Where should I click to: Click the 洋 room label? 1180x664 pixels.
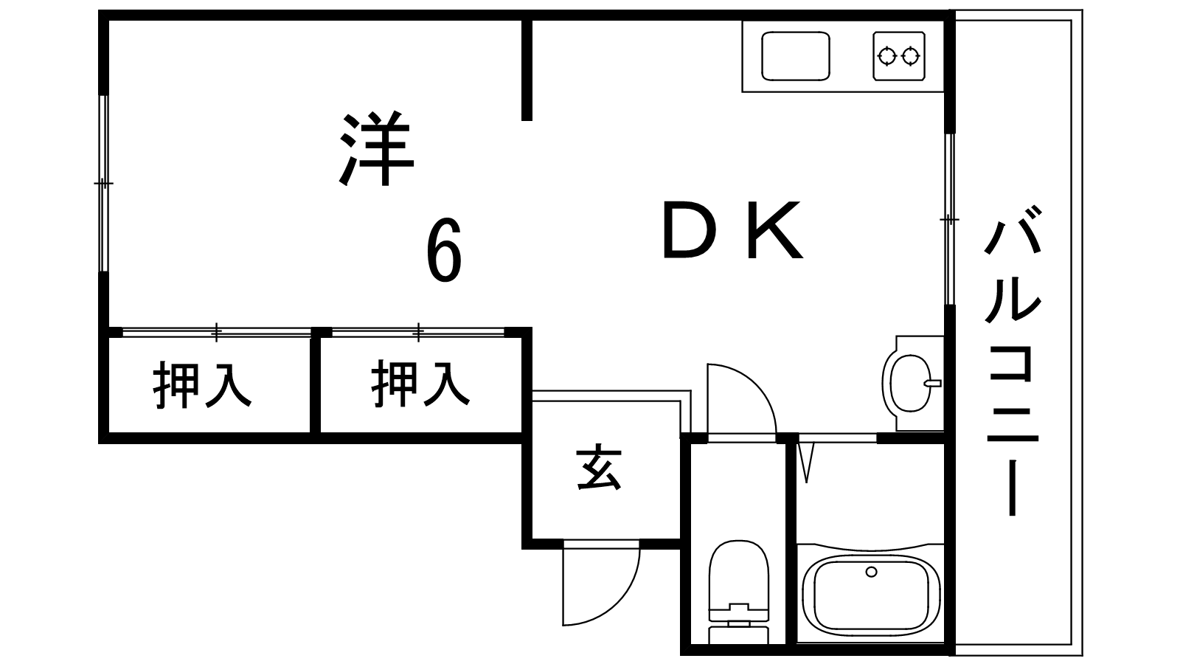(x=375, y=149)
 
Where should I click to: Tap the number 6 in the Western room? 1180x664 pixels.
(x=444, y=252)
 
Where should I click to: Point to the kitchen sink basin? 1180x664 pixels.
(x=795, y=56)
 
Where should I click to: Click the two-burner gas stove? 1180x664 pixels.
(x=899, y=55)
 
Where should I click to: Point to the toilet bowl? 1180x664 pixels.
(x=738, y=579)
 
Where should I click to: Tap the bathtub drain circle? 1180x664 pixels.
(x=872, y=572)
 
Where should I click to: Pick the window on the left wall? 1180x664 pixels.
(x=104, y=183)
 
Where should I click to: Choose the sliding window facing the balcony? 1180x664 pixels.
(x=950, y=219)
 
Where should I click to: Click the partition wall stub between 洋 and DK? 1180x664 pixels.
(x=527, y=70)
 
